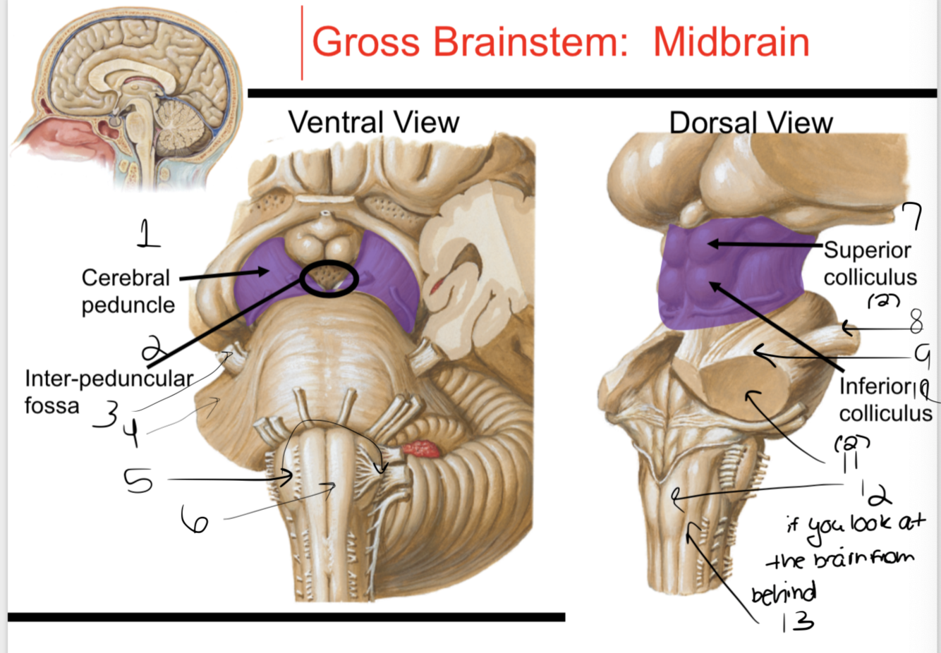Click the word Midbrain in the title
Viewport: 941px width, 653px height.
click(731, 42)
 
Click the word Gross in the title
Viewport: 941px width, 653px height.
click(365, 42)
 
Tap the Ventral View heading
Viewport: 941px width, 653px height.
click(374, 123)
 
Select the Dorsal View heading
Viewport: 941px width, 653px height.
click(751, 123)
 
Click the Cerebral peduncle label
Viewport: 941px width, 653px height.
click(128, 291)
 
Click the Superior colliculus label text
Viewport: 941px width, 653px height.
click(869, 263)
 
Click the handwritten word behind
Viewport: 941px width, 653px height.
click(783, 593)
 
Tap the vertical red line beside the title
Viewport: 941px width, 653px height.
click(302, 42)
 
